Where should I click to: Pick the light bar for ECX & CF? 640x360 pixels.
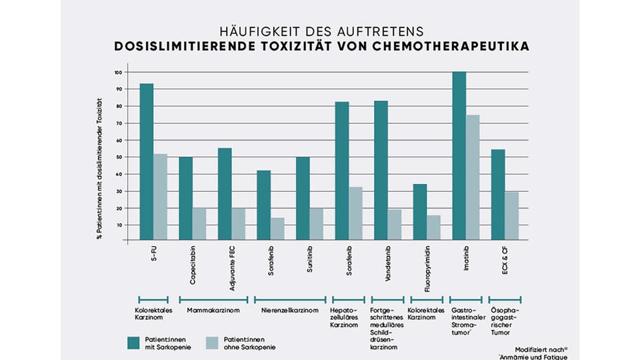point(511,216)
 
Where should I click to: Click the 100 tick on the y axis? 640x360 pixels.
point(118,72)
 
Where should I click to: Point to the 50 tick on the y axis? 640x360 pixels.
point(118,157)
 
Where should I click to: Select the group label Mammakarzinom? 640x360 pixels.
point(212,311)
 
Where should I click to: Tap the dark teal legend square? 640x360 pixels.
point(133,343)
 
